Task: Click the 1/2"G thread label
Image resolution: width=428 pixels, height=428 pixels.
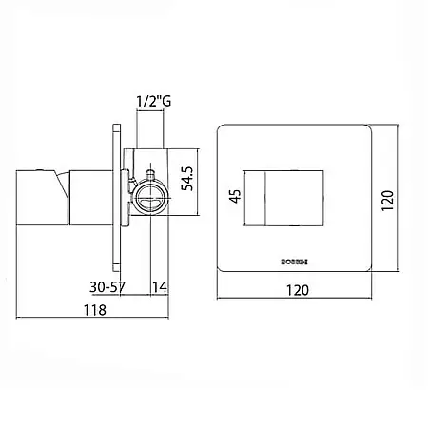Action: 154,101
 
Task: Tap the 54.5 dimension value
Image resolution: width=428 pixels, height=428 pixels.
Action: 187,179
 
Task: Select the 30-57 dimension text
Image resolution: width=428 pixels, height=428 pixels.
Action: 107,287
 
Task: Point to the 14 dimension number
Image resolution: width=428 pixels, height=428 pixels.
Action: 160,287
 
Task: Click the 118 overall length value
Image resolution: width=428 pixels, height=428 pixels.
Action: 94,310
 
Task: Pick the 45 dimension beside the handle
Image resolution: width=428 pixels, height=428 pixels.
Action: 236,196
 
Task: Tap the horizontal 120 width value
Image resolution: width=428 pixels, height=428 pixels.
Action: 298,290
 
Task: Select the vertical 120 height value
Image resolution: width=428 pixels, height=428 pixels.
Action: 387,201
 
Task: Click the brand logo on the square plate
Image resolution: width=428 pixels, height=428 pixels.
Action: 295,263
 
